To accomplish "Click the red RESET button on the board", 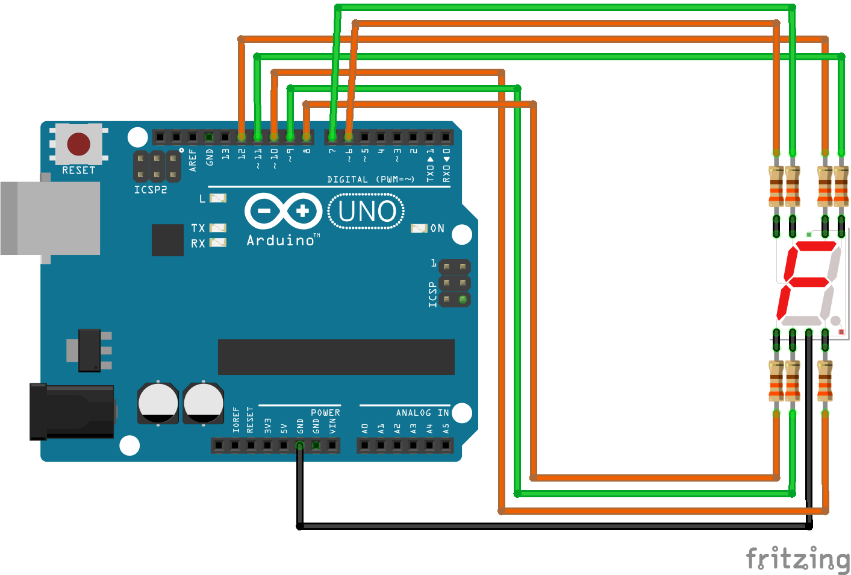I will pos(79,145).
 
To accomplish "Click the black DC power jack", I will pos(72,412).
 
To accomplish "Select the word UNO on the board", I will pos(367,212).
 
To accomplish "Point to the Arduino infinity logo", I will pos(283,211).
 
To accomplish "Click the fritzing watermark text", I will pos(797,559).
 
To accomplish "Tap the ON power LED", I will pos(419,228).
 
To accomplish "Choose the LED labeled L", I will pos(217,198).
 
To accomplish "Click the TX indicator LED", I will pos(217,228).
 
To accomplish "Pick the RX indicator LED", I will pos(217,243).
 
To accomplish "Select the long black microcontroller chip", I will pos(336,357).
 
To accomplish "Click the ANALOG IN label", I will pos(422,413).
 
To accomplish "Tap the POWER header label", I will pos(325,413).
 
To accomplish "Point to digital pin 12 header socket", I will pos(242,137).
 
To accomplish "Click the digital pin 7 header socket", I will pos(332,137).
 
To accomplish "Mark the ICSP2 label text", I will pos(151,190).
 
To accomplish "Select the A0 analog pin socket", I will pos(364,445).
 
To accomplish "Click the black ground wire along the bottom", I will pos(554,526).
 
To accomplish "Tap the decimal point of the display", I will pos(835,321).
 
